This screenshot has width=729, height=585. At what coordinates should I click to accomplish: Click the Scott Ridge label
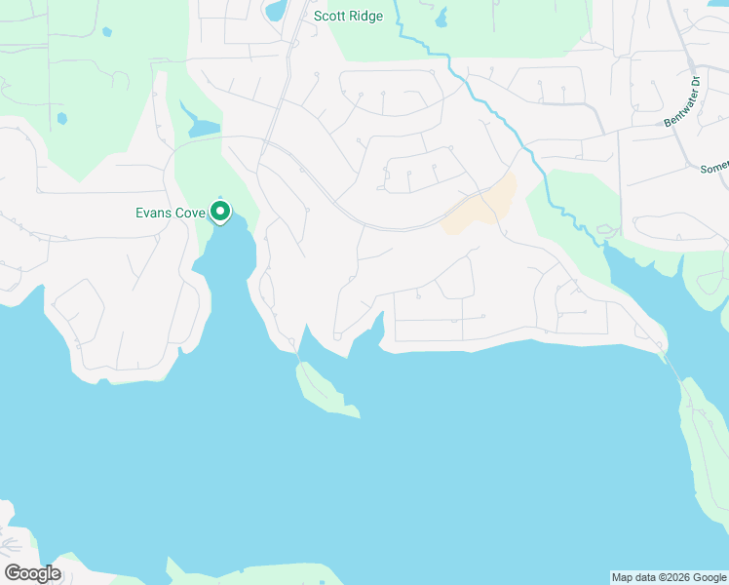point(348,16)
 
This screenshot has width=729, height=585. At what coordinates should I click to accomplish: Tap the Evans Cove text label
point(171,213)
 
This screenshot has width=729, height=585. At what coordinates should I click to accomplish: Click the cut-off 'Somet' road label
point(714,168)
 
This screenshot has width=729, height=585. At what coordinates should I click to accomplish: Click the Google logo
point(31,573)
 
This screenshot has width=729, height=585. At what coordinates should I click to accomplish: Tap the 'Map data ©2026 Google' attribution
point(669,577)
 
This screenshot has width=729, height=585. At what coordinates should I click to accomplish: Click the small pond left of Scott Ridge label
point(275,11)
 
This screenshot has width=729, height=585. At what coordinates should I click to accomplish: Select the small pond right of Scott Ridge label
point(441,18)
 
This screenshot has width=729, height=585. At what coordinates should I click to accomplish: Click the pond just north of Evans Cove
point(204,129)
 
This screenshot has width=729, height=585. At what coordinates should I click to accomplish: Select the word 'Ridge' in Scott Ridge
point(366,16)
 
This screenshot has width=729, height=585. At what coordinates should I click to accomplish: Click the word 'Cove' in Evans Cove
point(189,213)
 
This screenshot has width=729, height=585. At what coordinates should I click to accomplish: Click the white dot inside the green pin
point(220,209)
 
